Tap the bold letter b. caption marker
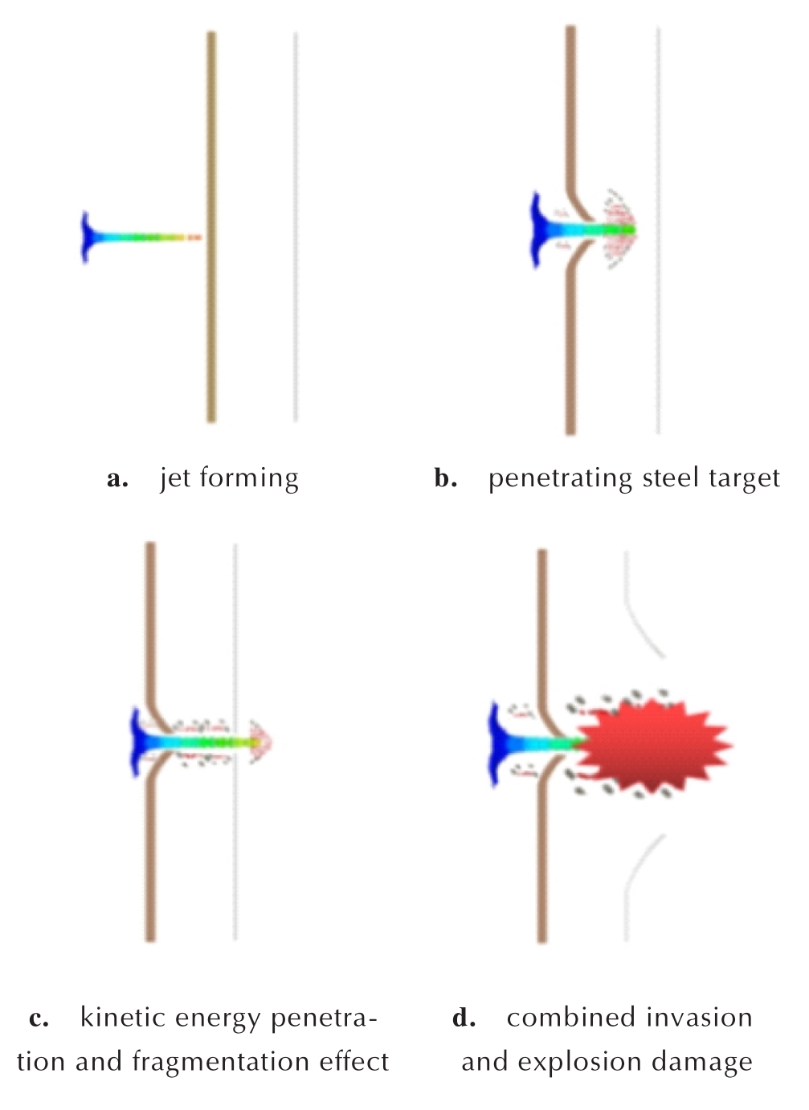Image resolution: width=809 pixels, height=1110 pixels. [445, 478]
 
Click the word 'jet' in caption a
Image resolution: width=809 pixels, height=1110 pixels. [175, 478]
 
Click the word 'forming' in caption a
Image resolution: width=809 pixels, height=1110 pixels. [249, 478]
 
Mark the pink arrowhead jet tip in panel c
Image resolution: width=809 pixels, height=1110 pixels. [261, 742]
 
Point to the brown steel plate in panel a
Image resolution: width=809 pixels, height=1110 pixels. [211, 226]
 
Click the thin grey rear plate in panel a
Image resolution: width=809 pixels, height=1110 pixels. [296, 226]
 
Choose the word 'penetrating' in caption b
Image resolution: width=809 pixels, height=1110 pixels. [560, 478]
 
